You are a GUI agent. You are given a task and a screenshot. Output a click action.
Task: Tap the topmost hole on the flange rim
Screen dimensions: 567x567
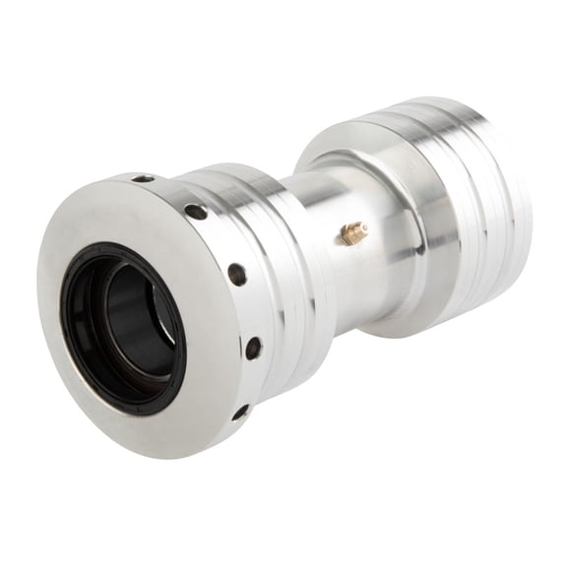pyautogui.click(x=144, y=179)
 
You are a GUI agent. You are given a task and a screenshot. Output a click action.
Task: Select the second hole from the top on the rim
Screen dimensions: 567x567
pyautogui.click(x=196, y=212)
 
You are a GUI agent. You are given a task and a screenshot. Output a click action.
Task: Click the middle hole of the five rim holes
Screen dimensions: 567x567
pyautogui.click(x=237, y=275)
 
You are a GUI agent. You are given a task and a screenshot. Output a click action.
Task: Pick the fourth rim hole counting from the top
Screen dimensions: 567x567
pyautogui.click(x=253, y=347)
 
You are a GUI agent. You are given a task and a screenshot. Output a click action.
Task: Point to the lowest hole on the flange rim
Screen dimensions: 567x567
pyautogui.click(x=240, y=411)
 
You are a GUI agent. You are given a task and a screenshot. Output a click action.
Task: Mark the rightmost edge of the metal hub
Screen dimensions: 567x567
pyautogui.click(x=532, y=197)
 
